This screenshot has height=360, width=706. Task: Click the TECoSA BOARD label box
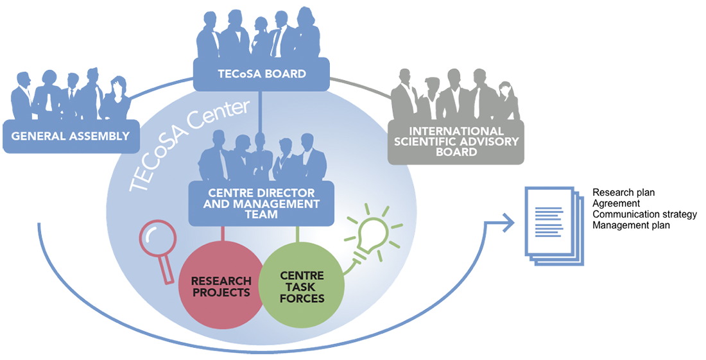261,74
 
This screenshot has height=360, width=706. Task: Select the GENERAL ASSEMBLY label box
71,136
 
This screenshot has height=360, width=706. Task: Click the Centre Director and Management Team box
261,203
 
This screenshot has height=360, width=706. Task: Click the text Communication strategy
644,214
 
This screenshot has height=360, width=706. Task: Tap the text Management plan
630,225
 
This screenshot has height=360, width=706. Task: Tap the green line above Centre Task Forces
297,235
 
